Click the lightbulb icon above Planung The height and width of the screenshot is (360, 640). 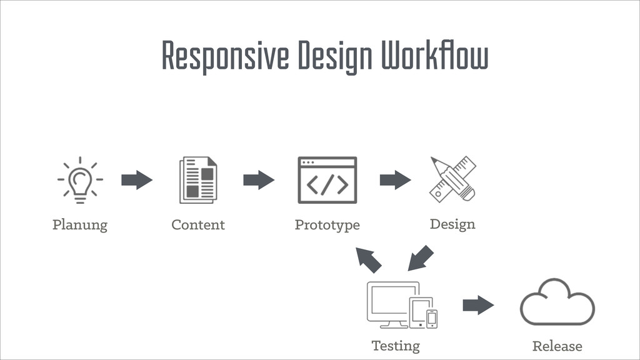click(80, 180)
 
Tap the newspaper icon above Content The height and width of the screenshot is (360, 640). click(198, 180)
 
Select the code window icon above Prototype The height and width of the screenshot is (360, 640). click(327, 180)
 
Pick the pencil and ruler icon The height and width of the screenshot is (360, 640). click(453, 179)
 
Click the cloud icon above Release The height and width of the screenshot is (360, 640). click(557, 304)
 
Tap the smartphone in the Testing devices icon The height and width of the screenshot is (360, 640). click(432, 318)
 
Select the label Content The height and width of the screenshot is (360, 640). click(198, 224)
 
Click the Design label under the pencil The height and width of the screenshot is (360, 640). click(452, 224)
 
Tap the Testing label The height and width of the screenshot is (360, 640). click(396, 345)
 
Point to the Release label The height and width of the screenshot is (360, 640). click(557, 346)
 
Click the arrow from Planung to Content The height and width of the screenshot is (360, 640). click(137, 180)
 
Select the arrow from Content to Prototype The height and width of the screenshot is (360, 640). click(259, 180)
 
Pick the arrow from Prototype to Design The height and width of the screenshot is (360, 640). click(395, 180)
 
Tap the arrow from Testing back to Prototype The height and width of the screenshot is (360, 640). click(368, 259)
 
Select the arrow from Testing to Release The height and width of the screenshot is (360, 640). click(478, 305)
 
